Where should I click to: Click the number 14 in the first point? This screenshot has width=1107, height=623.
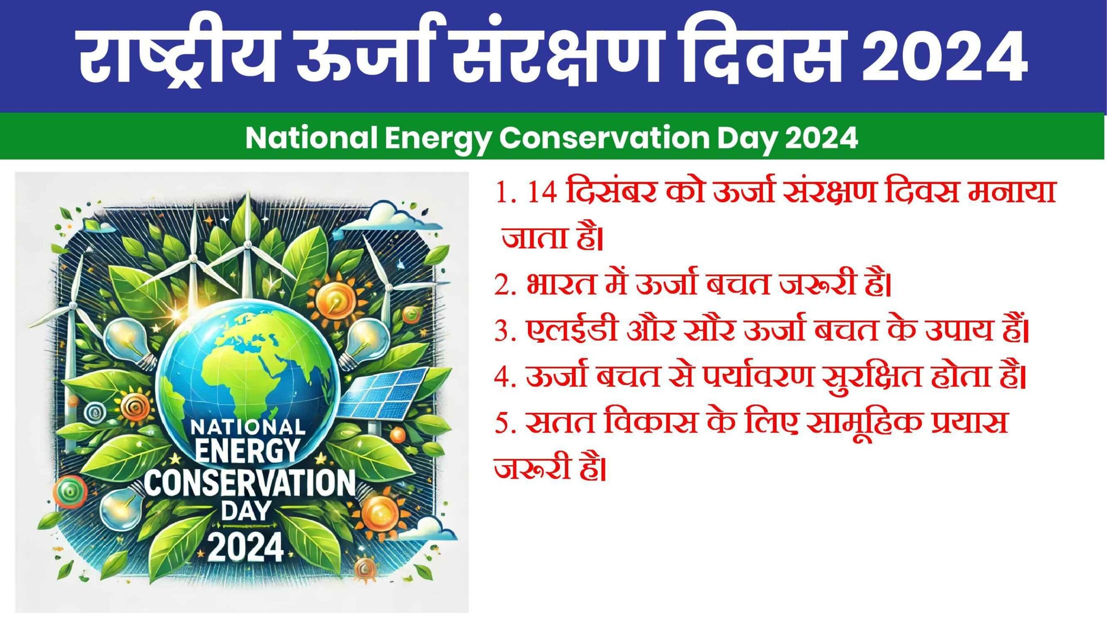542,194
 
